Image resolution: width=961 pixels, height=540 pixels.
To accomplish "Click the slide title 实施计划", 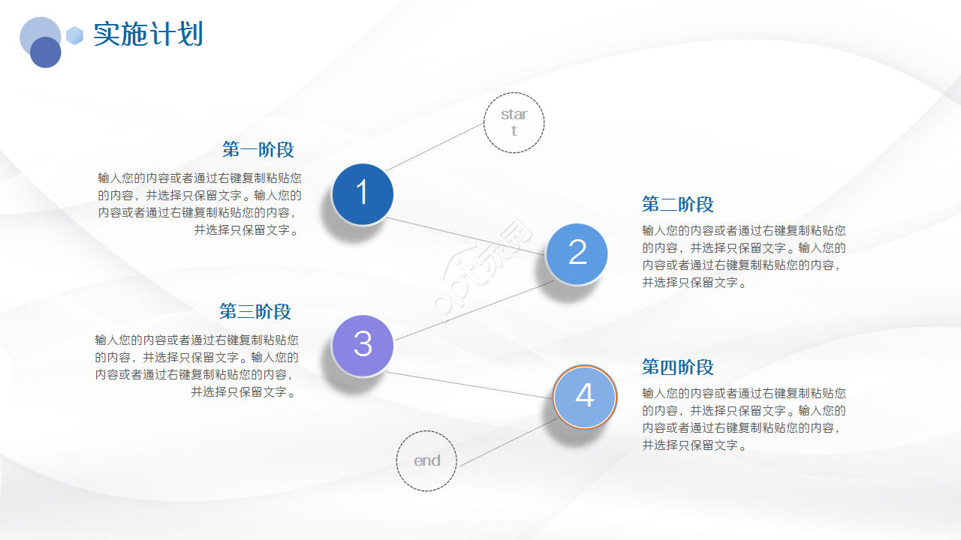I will [x=148, y=34].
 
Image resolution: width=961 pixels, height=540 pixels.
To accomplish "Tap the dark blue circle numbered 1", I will [x=363, y=194].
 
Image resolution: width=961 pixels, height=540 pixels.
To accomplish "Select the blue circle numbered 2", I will [x=577, y=254].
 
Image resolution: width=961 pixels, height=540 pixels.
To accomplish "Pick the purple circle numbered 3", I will [x=363, y=345].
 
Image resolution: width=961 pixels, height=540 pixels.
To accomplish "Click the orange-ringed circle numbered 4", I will [x=584, y=397].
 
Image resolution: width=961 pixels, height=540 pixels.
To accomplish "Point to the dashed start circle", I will [x=514, y=123].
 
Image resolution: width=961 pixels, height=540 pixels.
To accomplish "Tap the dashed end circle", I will [x=426, y=460].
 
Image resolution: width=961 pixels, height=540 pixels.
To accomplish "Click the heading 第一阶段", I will [x=258, y=150].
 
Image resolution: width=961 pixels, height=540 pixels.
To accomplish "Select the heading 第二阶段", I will [x=677, y=205].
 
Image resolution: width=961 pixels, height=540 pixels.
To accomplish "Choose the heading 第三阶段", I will [x=255, y=312].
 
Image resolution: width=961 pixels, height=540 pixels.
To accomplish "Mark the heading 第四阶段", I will [x=677, y=367].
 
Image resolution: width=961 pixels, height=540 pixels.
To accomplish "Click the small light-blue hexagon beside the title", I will [x=74, y=35].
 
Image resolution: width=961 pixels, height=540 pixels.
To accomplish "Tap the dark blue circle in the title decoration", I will [x=46, y=52].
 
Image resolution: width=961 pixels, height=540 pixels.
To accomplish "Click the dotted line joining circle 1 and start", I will [x=434, y=147].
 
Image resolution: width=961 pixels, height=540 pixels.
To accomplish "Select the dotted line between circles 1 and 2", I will [x=465, y=236].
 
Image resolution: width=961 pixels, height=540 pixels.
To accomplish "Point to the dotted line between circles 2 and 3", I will [x=474, y=310].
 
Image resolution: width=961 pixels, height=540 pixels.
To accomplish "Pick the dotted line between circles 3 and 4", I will [x=469, y=385].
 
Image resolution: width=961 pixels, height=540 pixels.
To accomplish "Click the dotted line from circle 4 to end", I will [x=507, y=443].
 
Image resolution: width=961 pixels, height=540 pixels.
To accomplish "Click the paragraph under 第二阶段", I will [x=743, y=256].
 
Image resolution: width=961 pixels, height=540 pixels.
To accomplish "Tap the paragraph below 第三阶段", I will [x=197, y=365].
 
